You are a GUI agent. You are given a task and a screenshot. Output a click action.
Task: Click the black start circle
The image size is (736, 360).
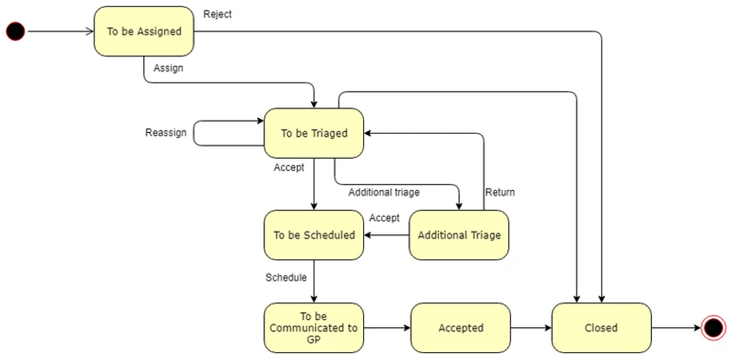16,31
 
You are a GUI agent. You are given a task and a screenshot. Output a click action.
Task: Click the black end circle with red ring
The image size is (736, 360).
713,328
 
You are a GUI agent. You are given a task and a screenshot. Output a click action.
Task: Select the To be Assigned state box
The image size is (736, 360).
144,31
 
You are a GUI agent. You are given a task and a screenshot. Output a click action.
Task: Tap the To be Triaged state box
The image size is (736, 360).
314,134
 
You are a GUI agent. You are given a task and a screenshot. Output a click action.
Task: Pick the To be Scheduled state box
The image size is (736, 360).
314,235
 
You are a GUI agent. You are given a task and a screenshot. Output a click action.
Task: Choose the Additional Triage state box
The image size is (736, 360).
459,235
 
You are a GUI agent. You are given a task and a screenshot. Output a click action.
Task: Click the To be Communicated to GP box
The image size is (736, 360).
314,328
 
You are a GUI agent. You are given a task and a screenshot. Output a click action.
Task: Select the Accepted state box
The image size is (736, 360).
461,328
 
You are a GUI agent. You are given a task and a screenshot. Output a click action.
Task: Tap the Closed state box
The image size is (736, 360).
602,328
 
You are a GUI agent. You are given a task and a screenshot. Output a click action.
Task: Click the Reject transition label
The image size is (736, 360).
217,14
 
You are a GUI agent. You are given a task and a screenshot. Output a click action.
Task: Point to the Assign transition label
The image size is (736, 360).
168,68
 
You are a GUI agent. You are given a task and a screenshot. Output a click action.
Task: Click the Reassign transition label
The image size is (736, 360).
166,133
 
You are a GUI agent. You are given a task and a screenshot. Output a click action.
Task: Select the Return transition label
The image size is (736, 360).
500,192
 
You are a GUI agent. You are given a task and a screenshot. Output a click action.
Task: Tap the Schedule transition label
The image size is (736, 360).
286,277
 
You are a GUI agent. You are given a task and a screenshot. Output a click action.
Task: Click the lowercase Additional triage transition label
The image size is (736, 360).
384,192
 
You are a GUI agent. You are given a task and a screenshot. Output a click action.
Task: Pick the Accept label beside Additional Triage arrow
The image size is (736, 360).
385,218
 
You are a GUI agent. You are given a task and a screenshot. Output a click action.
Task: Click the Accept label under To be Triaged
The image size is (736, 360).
289,167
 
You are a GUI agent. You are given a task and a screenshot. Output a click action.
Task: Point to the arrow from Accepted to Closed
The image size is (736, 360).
531,328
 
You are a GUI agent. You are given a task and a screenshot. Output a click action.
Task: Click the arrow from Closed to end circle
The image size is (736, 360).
676,328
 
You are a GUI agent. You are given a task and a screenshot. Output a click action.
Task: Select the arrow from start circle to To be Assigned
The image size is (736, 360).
61,31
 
